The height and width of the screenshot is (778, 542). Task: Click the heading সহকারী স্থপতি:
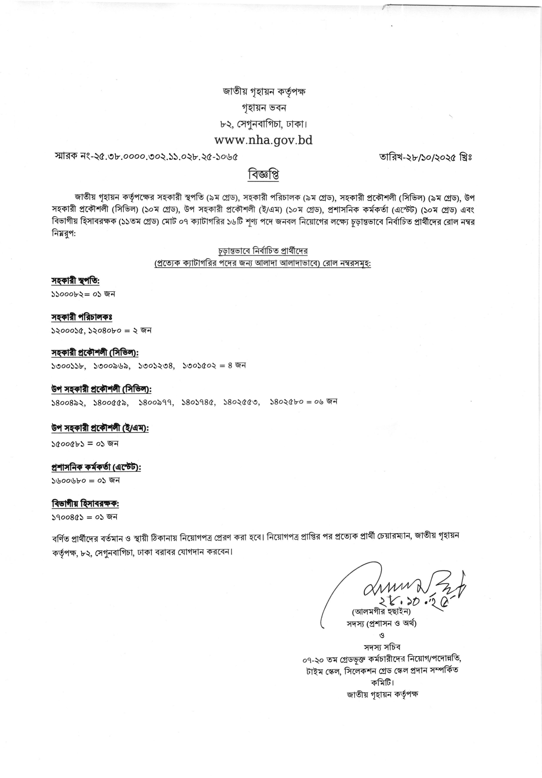75,281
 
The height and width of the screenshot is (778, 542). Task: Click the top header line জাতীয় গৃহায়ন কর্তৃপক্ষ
264,92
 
